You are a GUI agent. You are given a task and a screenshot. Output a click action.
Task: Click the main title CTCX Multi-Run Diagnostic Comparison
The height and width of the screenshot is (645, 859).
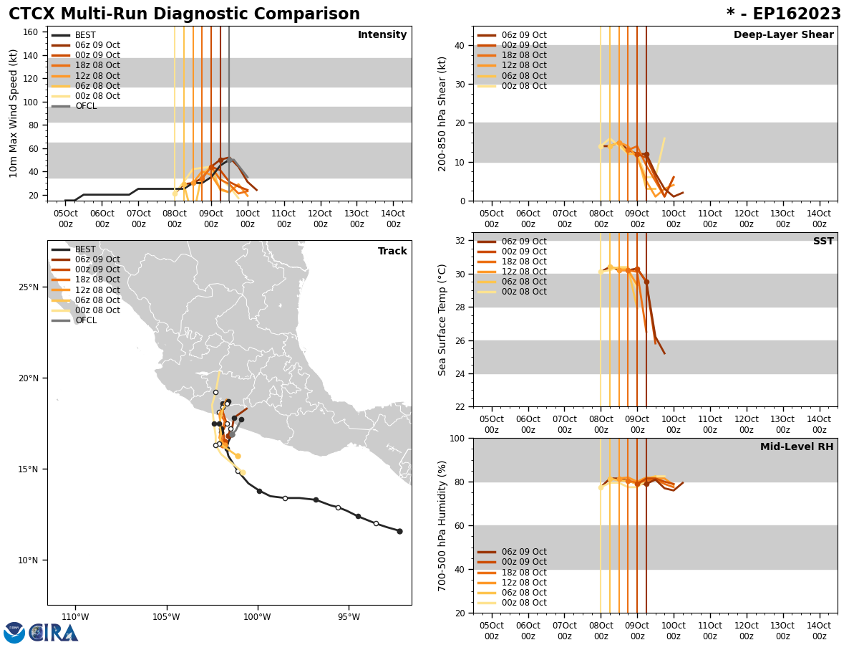(184, 14)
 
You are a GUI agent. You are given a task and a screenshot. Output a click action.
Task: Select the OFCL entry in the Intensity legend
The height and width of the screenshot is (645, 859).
(85, 106)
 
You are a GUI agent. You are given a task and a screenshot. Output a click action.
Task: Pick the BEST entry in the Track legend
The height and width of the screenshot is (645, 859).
(85, 249)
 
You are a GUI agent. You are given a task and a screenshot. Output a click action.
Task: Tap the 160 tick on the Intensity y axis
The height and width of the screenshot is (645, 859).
(31, 32)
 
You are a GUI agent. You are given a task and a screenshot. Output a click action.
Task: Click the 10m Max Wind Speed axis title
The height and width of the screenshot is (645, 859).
(14, 113)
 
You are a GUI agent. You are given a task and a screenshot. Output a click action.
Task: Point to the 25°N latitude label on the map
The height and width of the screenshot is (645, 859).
(29, 287)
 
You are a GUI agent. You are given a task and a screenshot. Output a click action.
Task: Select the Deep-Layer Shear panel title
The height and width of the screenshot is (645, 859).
(783, 35)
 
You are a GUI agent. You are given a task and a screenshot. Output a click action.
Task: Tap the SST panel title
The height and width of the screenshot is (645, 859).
(823, 242)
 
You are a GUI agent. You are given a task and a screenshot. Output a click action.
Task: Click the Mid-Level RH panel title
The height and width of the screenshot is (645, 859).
(797, 447)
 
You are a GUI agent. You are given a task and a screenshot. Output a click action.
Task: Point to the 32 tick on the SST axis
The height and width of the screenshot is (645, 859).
(460, 241)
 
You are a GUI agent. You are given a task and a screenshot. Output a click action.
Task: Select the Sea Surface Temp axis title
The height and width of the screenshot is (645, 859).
(443, 320)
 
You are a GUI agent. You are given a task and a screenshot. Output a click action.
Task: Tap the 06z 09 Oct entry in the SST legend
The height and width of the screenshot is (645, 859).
(523, 242)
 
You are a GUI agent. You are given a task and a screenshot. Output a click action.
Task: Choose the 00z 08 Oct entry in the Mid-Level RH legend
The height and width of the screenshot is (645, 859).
(523, 603)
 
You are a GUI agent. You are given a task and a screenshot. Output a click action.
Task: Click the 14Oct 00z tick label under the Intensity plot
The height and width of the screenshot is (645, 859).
(393, 219)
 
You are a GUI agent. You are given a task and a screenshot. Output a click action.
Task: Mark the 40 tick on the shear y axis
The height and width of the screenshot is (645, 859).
(460, 45)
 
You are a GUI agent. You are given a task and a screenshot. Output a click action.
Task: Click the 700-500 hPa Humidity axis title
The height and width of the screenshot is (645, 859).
(443, 525)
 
